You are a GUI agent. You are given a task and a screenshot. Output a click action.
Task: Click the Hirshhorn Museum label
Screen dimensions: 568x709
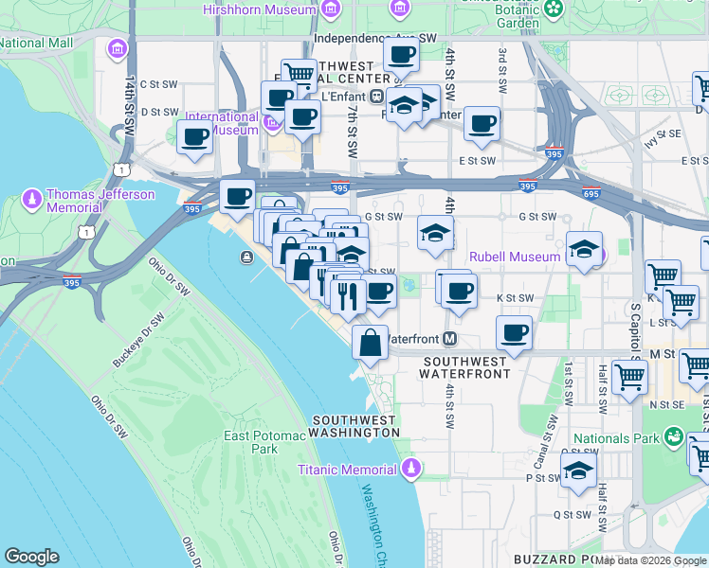point(260,9)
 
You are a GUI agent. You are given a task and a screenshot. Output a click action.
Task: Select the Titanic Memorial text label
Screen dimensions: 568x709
point(347,470)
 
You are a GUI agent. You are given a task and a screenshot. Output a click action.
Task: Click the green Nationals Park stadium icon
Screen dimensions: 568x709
point(673,437)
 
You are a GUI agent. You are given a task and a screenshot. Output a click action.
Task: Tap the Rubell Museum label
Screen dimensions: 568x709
point(516,257)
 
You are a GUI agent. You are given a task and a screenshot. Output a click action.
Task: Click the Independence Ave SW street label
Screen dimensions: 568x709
point(374,39)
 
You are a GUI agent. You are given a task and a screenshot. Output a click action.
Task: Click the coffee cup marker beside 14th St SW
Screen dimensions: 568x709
point(195,136)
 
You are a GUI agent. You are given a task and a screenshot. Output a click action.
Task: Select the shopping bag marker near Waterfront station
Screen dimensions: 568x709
point(371,343)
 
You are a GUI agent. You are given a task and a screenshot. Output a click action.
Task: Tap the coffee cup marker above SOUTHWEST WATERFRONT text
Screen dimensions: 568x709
point(514,332)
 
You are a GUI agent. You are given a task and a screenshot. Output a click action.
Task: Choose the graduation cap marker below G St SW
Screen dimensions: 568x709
point(435,233)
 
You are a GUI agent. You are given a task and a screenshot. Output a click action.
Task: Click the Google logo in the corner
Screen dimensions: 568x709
point(32,557)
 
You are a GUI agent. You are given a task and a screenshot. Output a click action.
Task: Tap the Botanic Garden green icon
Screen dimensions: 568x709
point(552,9)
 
